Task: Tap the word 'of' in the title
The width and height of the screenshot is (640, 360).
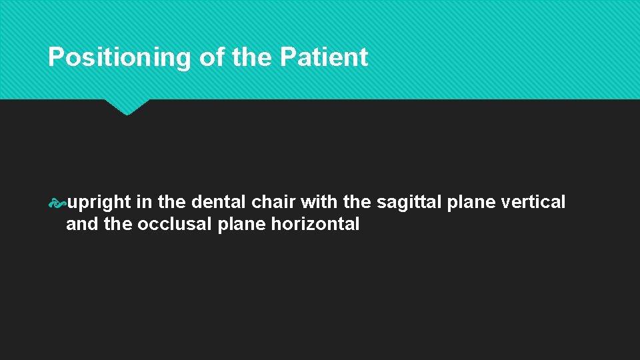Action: (212, 58)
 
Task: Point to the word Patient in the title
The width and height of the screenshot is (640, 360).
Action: (324, 58)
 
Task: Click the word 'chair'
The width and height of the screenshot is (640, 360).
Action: (276, 202)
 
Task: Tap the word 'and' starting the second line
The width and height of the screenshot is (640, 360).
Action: (82, 224)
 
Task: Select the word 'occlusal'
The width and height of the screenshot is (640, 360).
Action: (175, 224)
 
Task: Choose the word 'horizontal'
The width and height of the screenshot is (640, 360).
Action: (315, 224)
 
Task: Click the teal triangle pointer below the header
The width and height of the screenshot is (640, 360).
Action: (127, 107)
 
